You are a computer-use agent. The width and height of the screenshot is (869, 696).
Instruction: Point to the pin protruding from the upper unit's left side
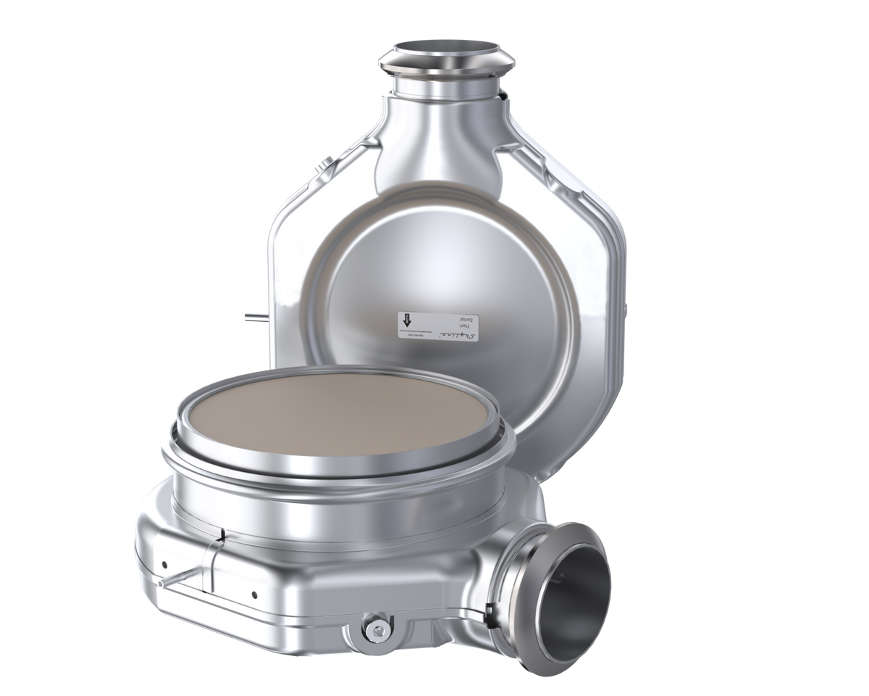[251, 316]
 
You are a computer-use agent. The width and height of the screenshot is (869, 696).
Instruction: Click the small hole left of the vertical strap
[164, 565]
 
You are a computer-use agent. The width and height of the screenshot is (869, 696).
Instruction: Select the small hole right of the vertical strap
[255, 594]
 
